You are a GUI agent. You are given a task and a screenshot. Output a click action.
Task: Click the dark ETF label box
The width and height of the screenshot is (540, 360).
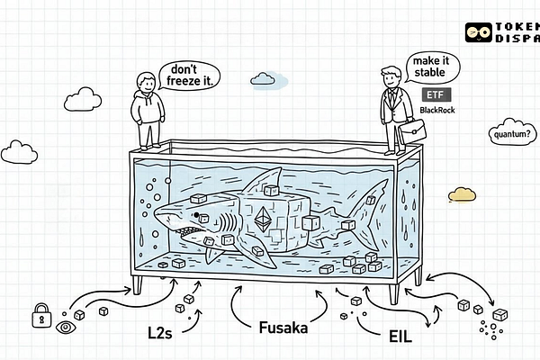436,94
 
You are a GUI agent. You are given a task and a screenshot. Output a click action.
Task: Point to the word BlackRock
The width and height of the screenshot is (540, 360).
437,110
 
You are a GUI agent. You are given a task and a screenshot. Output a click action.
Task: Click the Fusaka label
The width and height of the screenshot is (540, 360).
283,328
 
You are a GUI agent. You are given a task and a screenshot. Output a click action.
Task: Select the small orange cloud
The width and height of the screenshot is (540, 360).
461,193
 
